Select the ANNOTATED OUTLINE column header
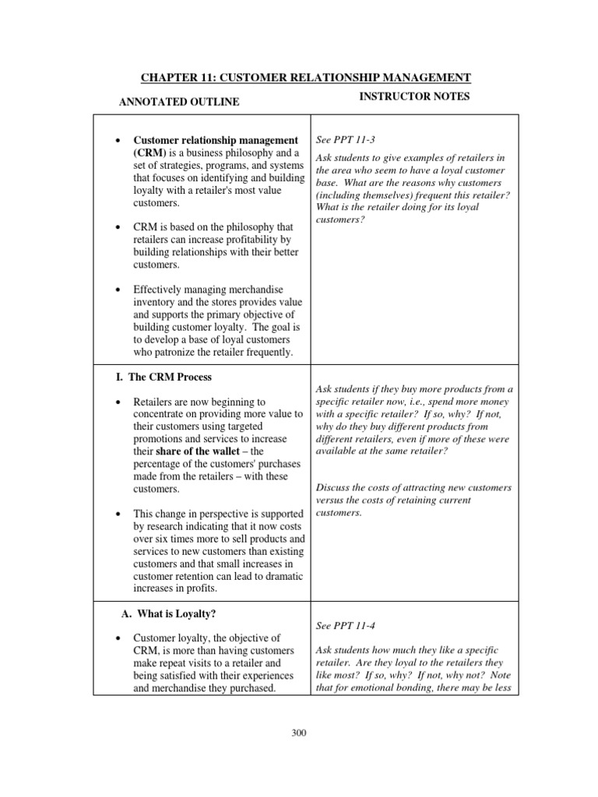click(x=178, y=102)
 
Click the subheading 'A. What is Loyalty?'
click(x=170, y=613)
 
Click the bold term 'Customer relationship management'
click(x=216, y=140)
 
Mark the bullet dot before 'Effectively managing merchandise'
click(x=117, y=290)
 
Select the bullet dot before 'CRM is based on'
click(x=117, y=227)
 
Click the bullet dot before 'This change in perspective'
click(x=117, y=514)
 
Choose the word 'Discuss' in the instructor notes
click(x=334, y=488)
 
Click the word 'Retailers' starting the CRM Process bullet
click(x=156, y=402)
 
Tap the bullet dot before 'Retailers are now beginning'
click(x=117, y=402)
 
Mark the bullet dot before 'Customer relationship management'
click(x=117, y=141)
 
